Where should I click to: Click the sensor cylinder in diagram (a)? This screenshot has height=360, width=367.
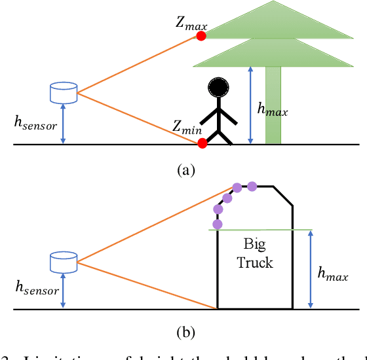click(64, 92)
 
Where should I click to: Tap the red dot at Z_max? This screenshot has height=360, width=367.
click(201, 36)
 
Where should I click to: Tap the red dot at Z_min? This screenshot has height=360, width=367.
click(203, 143)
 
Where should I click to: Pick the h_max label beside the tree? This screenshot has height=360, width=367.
click(272, 111)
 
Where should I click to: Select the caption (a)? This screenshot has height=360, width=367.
click(185, 170)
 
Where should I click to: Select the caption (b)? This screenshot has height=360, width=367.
click(185, 331)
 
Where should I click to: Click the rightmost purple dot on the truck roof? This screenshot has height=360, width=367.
click(252, 187)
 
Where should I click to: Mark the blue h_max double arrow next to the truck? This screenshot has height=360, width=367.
click(310, 269)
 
